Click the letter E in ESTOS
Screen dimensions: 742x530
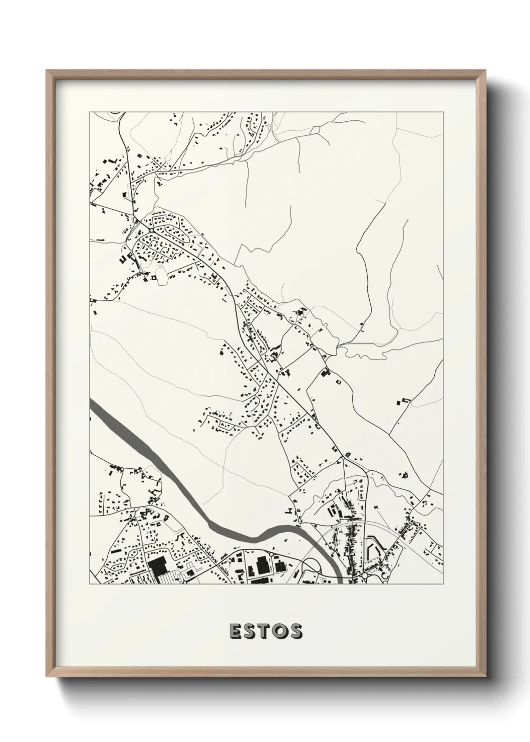(235, 632)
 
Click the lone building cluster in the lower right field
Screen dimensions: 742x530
(404, 474)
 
